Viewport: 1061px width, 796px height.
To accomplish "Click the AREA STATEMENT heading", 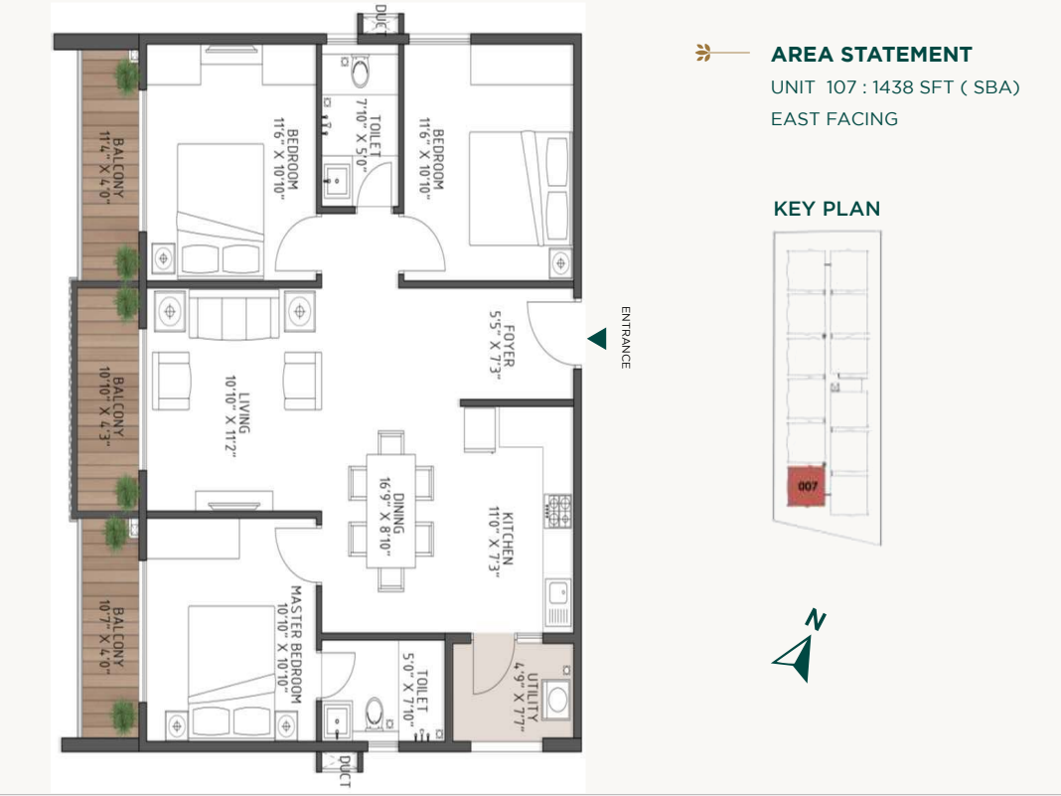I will coord(870,55).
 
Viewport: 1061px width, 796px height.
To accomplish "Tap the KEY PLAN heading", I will coord(827,209).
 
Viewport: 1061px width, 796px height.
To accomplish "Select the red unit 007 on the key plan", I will coord(808,487).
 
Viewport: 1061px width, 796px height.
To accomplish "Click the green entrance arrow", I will coord(597,340).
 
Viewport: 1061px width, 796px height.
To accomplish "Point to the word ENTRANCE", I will coord(626,337).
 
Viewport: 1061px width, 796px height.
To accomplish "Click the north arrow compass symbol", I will coord(799,651).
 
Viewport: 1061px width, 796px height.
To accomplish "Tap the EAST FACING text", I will coord(834,119).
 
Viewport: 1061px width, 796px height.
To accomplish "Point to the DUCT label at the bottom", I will coord(344,769).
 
